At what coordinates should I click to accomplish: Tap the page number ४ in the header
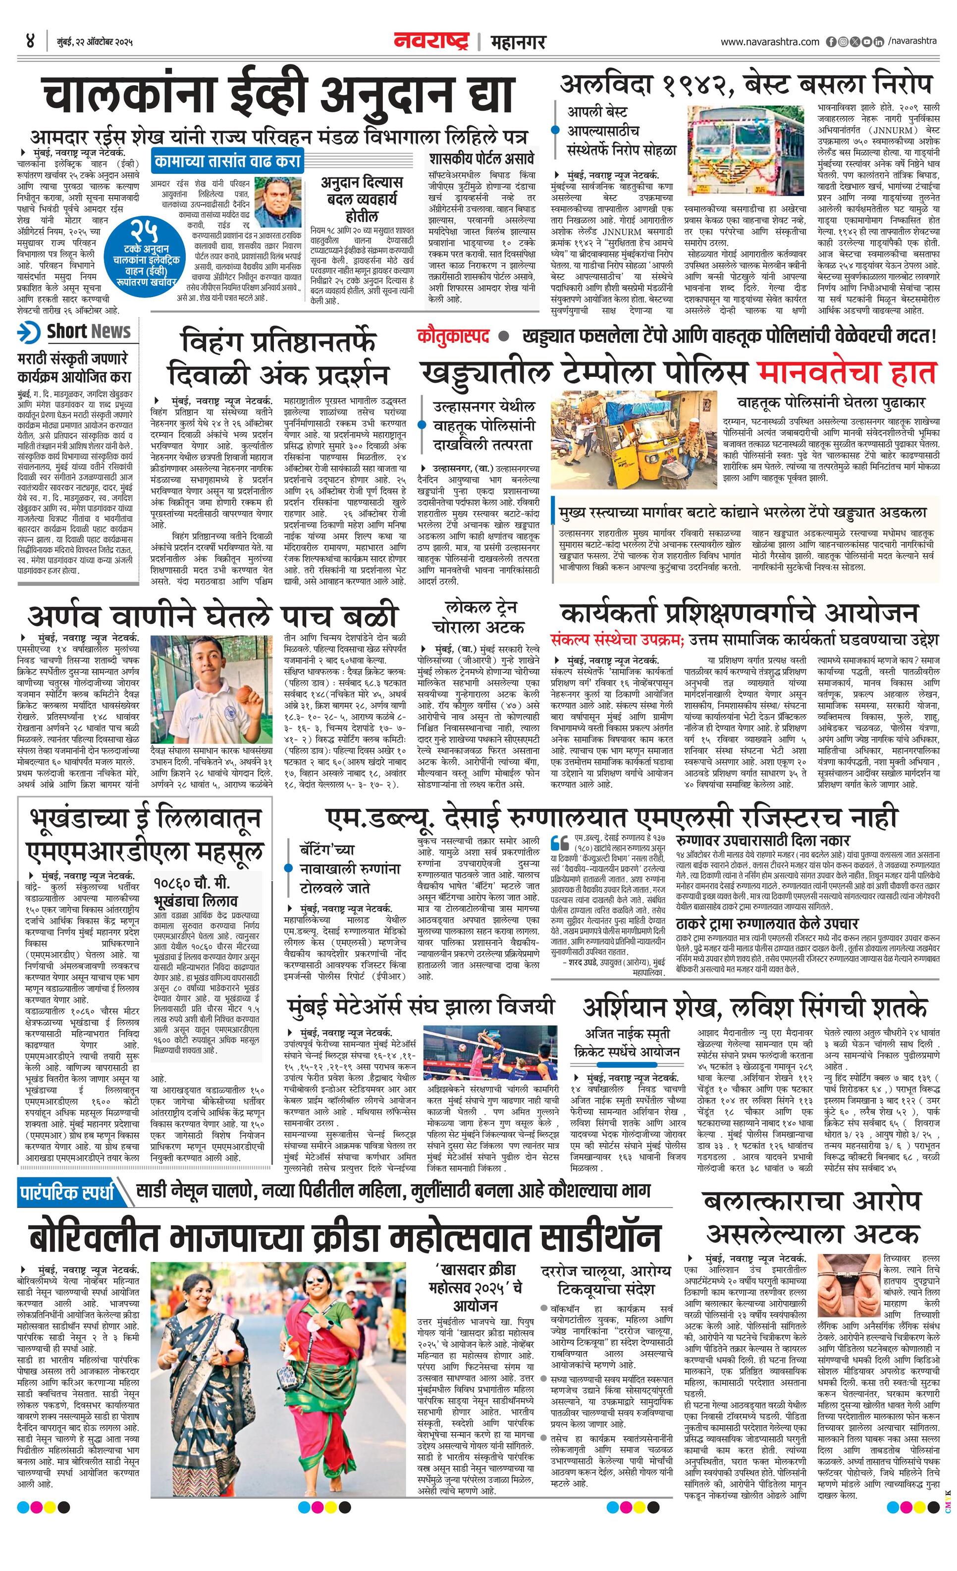29,42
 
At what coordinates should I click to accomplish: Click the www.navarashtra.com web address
770,42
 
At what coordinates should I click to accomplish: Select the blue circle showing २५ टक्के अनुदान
141,253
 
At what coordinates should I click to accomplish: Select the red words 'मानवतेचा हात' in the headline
846,372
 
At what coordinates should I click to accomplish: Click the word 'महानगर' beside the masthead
518,42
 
